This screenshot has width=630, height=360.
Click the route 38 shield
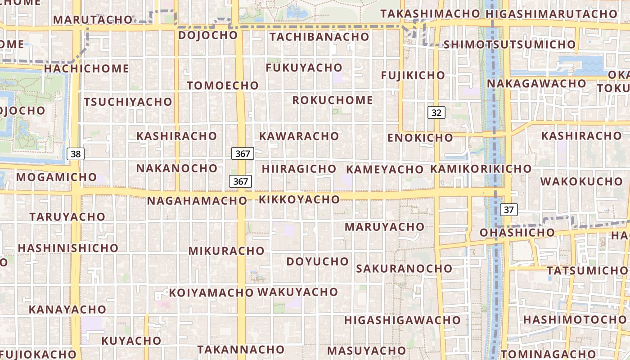click(76, 154)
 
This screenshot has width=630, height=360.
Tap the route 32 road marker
click(436, 112)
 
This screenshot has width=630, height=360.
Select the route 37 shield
click(508, 209)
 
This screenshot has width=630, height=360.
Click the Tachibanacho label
click(319, 37)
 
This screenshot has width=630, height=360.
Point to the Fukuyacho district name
click(304, 67)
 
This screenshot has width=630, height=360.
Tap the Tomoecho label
click(223, 85)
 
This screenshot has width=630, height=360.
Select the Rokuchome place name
click(333, 100)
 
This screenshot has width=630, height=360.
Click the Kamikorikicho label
click(481, 169)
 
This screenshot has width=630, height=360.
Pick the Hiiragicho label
click(299, 169)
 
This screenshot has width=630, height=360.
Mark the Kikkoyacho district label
click(299, 199)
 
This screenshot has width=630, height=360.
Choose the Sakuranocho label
click(404, 269)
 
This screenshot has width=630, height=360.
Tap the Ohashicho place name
click(517, 233)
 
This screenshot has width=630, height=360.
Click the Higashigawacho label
click(402, 320)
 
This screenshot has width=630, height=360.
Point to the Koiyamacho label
click(211, 293)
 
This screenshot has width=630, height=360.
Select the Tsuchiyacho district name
click(128, 102)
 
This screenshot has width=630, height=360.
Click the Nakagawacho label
click(536, 84)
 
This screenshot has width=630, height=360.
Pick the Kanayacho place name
click(67, 310)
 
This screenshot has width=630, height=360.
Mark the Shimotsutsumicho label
click(509, 45)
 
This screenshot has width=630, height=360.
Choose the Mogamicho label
click(56, 177)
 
